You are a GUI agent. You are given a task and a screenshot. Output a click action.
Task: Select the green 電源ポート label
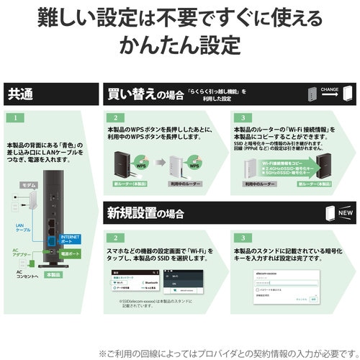point(71,254)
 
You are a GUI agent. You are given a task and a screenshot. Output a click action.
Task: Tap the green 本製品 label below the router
point(53,274)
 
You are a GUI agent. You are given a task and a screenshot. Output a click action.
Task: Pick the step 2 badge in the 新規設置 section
point(113,237)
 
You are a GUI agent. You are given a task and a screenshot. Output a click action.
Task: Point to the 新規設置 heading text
point(137,214)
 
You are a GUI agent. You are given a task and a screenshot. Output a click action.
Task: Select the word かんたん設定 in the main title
point(180,45)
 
